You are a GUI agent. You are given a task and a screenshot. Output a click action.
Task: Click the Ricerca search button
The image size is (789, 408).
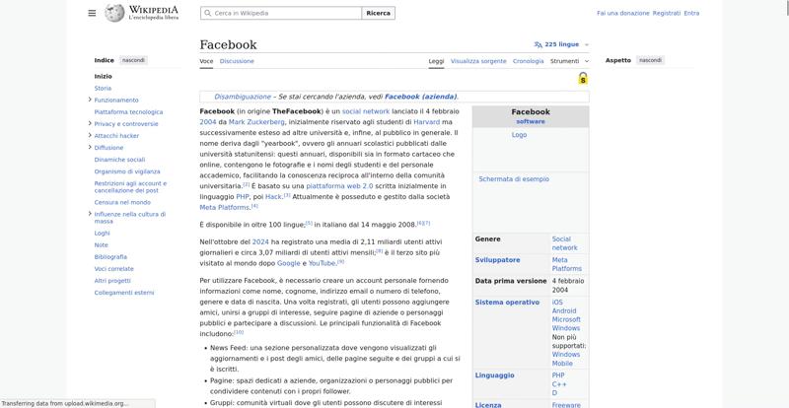[x=378, y=13]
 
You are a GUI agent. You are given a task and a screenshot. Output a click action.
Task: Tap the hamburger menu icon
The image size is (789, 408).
[x=92, y=13]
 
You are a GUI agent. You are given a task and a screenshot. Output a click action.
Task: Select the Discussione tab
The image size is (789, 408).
[x=237, y=61]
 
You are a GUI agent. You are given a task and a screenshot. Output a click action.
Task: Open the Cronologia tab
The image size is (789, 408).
[x=529, y=61]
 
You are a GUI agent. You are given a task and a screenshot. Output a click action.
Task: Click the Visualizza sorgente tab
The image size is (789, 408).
[x=478, y=61]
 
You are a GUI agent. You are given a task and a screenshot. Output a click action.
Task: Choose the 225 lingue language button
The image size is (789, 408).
[x=557, y=44]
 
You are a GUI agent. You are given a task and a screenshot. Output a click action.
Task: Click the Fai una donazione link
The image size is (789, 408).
[x=623, y=13]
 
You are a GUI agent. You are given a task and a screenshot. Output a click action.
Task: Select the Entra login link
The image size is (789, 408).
[x=691, y=13]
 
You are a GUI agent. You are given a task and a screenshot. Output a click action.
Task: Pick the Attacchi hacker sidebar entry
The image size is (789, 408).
[x=116, y=136]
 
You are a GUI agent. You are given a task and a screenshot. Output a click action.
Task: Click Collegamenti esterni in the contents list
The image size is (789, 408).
[x=124, y=293]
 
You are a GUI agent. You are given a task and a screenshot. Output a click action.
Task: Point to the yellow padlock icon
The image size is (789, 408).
[x=583, y=79]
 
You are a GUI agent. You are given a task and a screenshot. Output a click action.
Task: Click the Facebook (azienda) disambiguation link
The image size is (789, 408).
[x=420, y=97]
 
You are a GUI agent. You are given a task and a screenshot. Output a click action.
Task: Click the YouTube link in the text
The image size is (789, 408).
[x=322, y=263]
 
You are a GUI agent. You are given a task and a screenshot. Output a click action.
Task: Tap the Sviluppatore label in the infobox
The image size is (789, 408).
[x=497, y=260]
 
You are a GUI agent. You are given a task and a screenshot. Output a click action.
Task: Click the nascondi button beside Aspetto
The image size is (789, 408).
[x=651, y=60]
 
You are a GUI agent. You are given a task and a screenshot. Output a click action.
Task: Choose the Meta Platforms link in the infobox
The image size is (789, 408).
[x=566, y=264]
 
